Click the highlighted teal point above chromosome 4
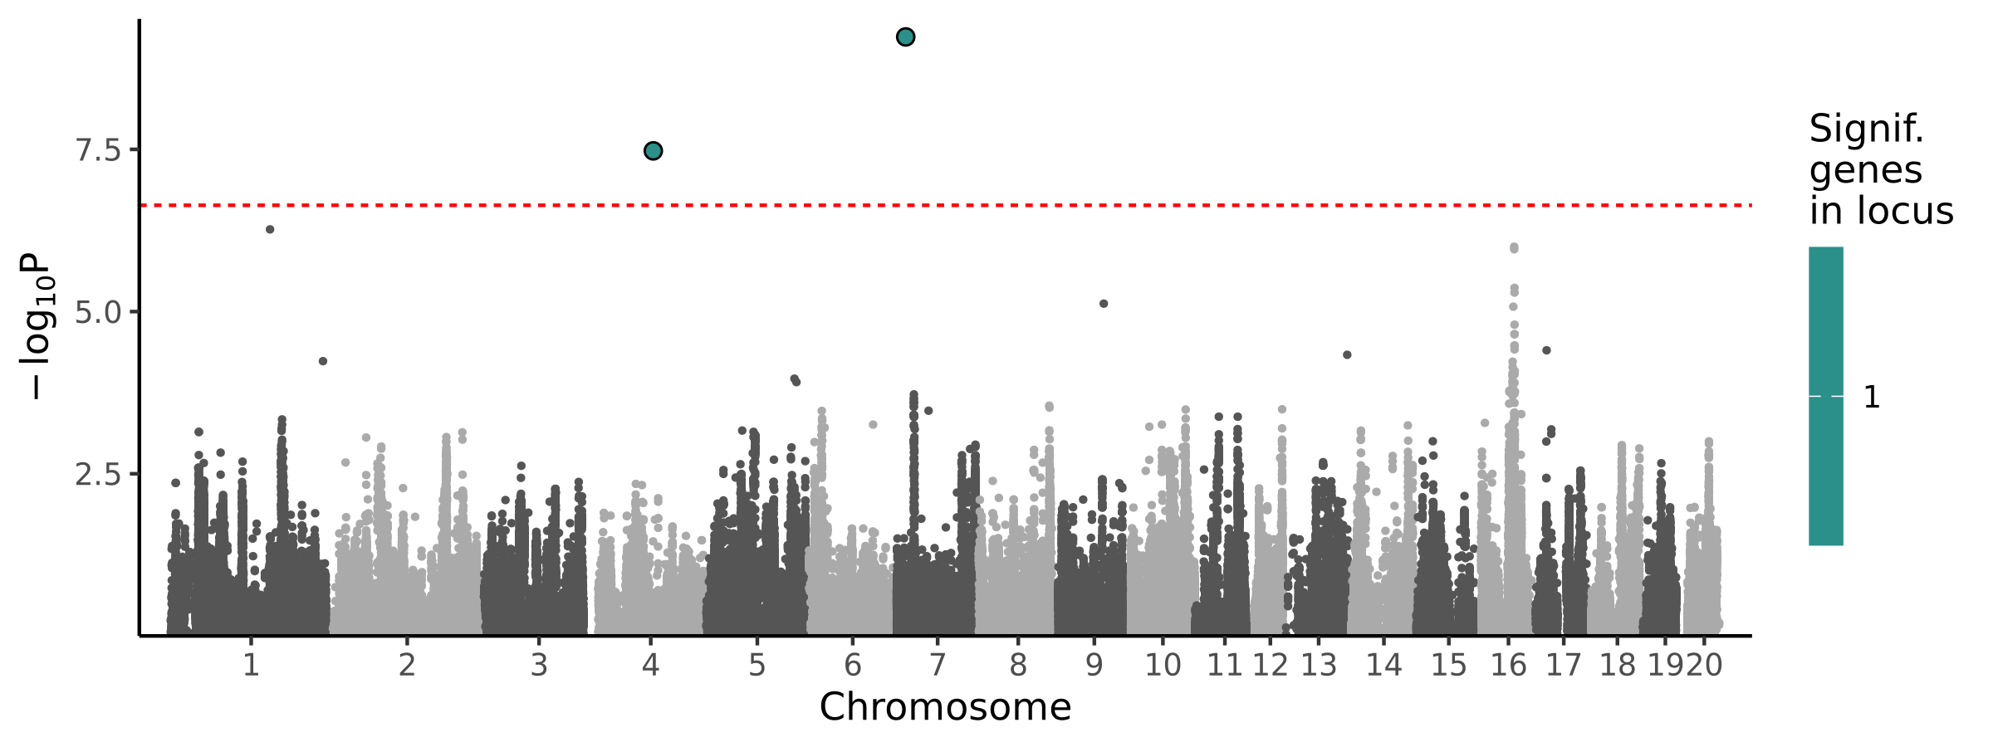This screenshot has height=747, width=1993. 653,150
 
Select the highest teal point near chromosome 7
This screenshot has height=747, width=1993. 905,37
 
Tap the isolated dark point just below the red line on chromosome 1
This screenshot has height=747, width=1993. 270,229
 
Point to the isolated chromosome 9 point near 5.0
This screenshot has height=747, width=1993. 1104,304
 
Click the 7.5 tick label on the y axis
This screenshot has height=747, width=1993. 97,150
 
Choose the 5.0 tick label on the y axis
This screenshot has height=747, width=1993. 97,313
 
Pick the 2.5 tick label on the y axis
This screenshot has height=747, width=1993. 97,475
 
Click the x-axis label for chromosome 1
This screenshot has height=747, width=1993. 251,665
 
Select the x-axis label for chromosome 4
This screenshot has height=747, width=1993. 650,665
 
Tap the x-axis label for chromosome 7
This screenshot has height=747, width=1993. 938,665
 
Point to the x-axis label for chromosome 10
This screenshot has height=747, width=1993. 1163,665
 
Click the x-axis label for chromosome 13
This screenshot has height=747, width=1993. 1319,665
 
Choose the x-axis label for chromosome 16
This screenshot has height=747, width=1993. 1509,665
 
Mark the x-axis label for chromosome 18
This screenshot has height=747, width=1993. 1618,665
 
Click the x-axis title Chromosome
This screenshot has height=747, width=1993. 945,707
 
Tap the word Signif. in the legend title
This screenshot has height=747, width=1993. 1866,129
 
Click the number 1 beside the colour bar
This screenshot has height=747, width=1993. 1872,398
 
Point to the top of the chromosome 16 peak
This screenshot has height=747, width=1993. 1514,247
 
